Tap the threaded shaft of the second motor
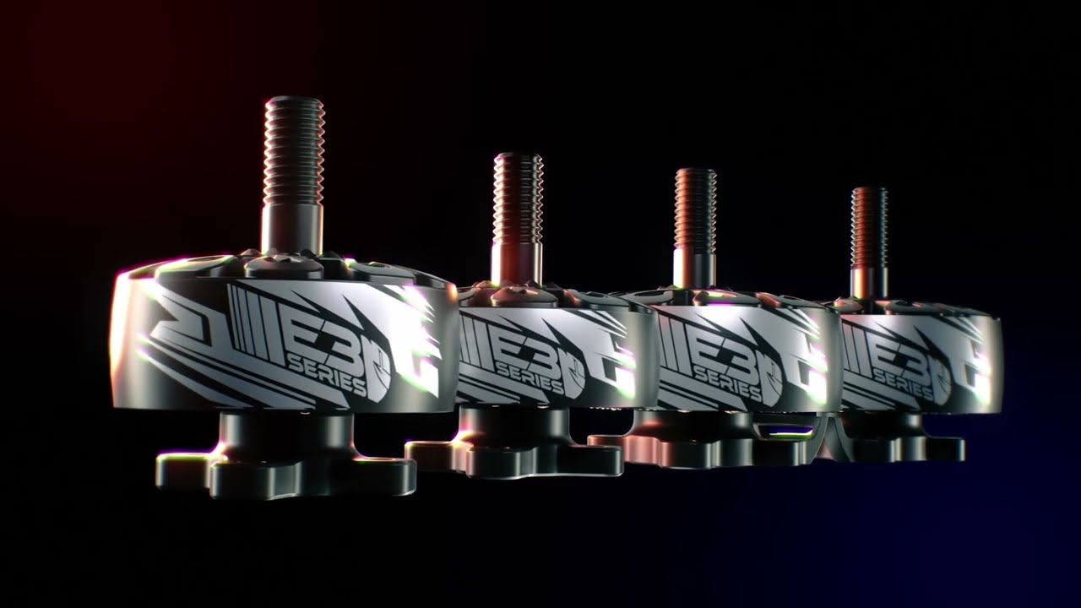(x=518, y=198)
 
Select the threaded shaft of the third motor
(x=695, y=208)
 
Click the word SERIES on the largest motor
(x=327, y=375)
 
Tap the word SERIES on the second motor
(x=530, y=377)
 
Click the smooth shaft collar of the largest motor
(x=291, y=228)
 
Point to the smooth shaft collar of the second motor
(x=516, y=262)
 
